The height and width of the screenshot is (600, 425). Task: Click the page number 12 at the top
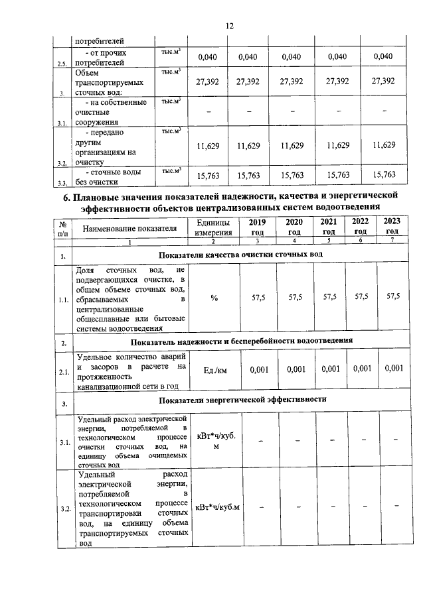coord(230,26)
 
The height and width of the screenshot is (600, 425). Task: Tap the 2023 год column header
coord(392,227)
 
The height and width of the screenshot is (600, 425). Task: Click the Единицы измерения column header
coord(214,227)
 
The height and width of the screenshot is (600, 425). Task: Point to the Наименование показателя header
coord(129,229)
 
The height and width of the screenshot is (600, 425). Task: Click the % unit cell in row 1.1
coord(214,298)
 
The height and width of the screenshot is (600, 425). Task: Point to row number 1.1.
coord(62,300)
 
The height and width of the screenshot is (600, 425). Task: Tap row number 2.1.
coord(62,373)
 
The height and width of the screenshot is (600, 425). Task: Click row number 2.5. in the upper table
coord(61,63)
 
